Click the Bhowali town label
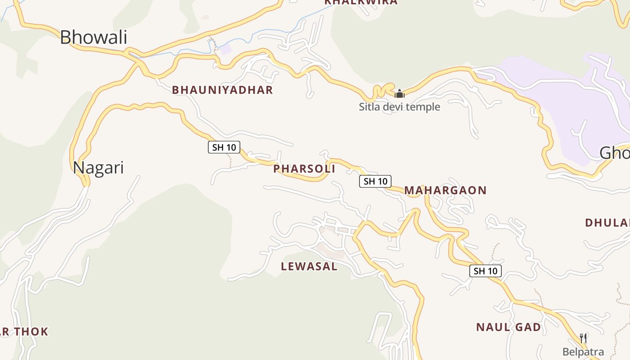(94, 37)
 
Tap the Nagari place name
(98, 168)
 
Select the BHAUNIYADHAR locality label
(222, 90)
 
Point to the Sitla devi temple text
(399, 107)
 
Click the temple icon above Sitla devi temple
(399, 94)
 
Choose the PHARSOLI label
(304, 169)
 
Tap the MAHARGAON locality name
(445, 190)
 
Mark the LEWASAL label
(309, 266)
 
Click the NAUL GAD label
(508, 327)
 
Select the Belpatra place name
(583, 352)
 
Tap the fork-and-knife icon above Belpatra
(583, 338)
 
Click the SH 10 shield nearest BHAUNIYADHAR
(224, 147)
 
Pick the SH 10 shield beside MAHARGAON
(375, 181)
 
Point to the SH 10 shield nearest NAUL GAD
(486, 271)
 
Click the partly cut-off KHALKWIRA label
(361, 2)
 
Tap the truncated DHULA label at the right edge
(607, 223)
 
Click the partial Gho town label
(614, 153)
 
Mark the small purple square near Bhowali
(225, 49)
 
